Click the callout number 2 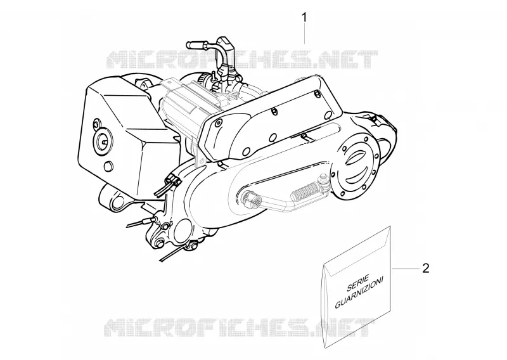coord(426,268)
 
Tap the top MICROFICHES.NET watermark coord(242,60)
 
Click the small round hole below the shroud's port coord(108,165)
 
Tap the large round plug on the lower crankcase coord(183,229)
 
